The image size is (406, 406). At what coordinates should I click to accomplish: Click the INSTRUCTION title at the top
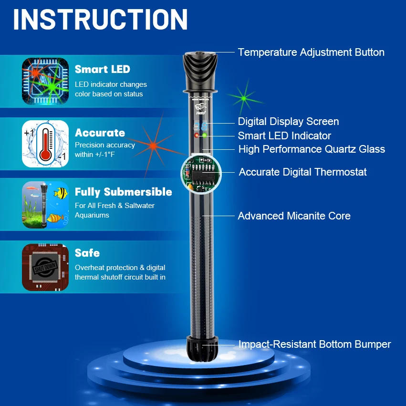click(x=100, y=20)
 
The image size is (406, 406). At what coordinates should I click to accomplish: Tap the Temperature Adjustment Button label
click(x=311, y=52)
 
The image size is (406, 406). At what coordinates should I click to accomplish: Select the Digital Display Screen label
click(x=288, y=122)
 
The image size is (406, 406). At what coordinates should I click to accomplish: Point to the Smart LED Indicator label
click(x=284, y=136)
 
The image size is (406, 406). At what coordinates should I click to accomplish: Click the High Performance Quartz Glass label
click(x=312, y=149)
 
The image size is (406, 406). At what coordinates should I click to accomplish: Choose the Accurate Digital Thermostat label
click(x=302, y=172)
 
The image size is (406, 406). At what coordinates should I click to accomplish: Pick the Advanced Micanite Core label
click(x=294, y=216)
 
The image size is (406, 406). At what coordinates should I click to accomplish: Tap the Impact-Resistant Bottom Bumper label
click(x=314, y=344)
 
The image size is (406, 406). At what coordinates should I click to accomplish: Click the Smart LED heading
click(x=102, y=69)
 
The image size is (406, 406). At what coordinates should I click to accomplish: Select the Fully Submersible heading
click(x=123, y=192)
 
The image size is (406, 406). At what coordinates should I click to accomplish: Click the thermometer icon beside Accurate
click(x=45, y=144)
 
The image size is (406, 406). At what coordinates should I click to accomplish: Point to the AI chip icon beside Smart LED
click(x=45, y=82)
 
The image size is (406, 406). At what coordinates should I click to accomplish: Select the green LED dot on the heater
click(x=204, y=135)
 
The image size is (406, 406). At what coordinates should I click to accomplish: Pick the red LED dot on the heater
click(x=196, y=135)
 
